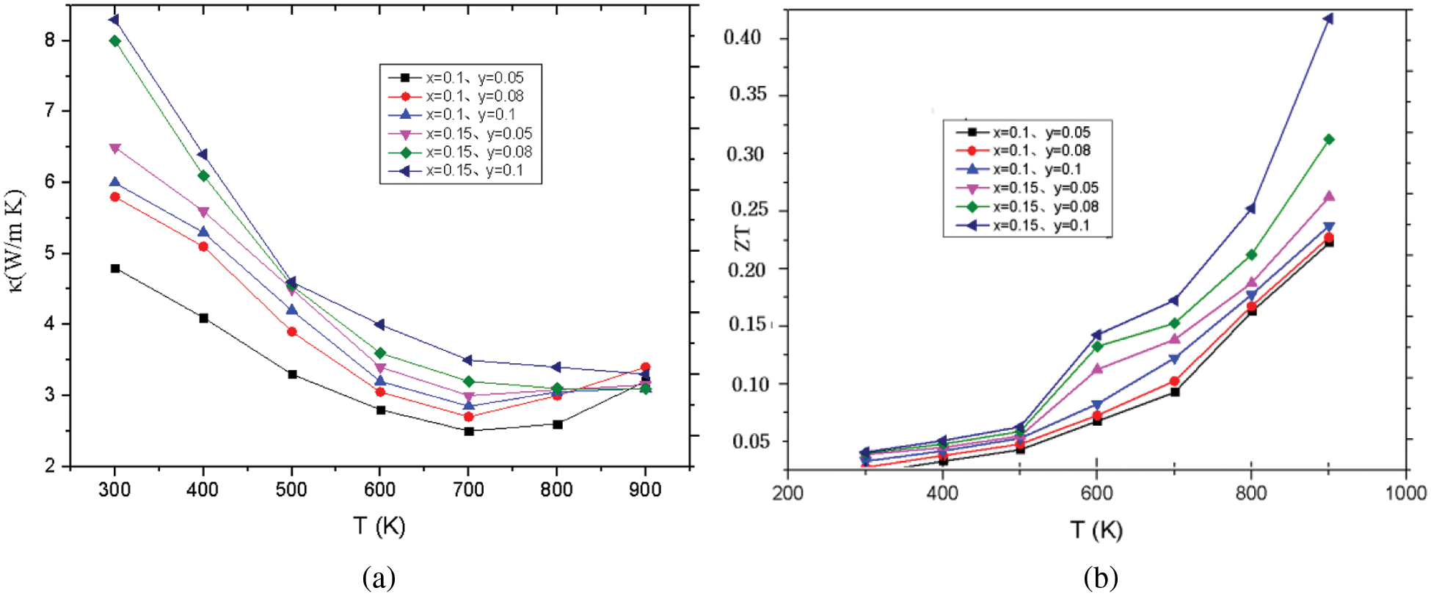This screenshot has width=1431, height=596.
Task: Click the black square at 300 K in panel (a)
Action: pos(115,269)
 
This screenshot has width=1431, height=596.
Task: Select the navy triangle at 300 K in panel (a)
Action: pos(114,20)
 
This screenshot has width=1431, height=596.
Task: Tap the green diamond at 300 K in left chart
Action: pos(115,41)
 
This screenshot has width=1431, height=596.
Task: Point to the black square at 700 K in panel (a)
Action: pos(469,431)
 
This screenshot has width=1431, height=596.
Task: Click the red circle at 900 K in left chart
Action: pos(645,367)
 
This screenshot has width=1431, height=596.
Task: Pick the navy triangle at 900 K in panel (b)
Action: pos(1328,19)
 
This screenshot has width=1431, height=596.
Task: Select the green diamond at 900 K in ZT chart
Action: pos(1328,139)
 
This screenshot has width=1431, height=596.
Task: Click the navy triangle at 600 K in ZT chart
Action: pos(1096,335)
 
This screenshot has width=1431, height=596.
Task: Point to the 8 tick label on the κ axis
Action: pos(50,40)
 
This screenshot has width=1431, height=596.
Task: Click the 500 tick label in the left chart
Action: pos(291,490)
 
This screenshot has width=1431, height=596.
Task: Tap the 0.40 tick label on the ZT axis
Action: pos(742,37)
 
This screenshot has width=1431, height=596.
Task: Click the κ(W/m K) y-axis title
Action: pos(16,241)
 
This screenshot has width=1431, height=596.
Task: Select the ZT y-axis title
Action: pos(744,238)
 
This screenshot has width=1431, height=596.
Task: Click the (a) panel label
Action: pos(379,578)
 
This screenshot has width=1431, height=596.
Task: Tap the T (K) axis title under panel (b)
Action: pos(1096,529)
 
